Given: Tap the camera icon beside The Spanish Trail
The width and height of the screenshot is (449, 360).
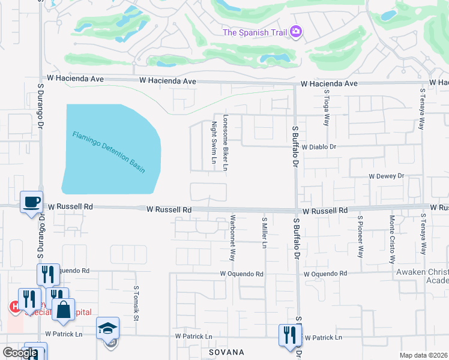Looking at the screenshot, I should coord(295,32).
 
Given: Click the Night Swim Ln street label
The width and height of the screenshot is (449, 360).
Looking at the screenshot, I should coord(214,143).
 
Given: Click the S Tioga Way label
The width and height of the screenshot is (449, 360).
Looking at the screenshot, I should coord(327,108).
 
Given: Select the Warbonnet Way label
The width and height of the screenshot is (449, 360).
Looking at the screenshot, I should coord(232,238).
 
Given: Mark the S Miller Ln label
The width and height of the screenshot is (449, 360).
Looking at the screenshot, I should coord(264,233).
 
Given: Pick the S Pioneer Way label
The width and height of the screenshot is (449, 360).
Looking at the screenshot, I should coord(360,237).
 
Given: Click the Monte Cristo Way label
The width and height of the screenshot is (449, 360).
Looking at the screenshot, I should coord(392,240).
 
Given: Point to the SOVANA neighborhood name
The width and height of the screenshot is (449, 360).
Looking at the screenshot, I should coord(226,352).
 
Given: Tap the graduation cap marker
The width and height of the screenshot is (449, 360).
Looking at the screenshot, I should coord(108,328).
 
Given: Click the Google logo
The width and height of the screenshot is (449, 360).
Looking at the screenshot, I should coord(20,353).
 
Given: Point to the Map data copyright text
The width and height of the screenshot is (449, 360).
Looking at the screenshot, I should coord(423,355).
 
